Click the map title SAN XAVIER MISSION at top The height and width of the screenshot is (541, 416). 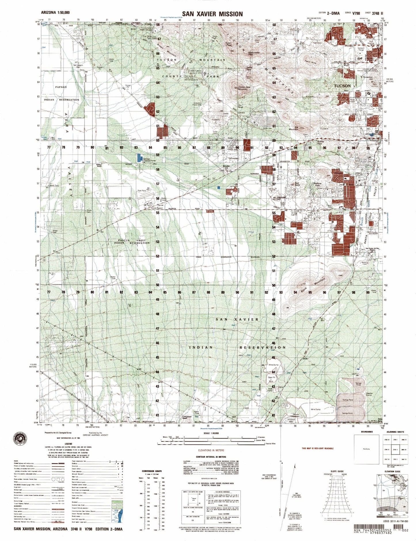(x=212, y=14)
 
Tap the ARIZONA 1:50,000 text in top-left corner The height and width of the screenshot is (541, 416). (x=55, y=13)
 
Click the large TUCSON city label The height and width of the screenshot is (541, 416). (x=342, y=86)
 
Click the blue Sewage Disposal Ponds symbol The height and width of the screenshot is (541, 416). (x=140, y=157)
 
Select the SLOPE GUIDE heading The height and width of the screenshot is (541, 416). (x=337, y=471)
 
